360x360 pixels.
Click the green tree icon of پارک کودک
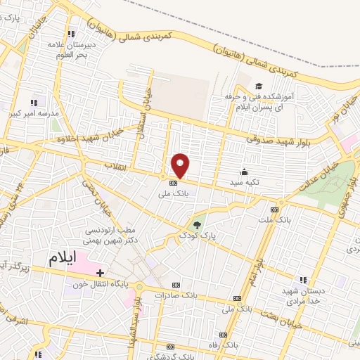(x=198, y=226)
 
